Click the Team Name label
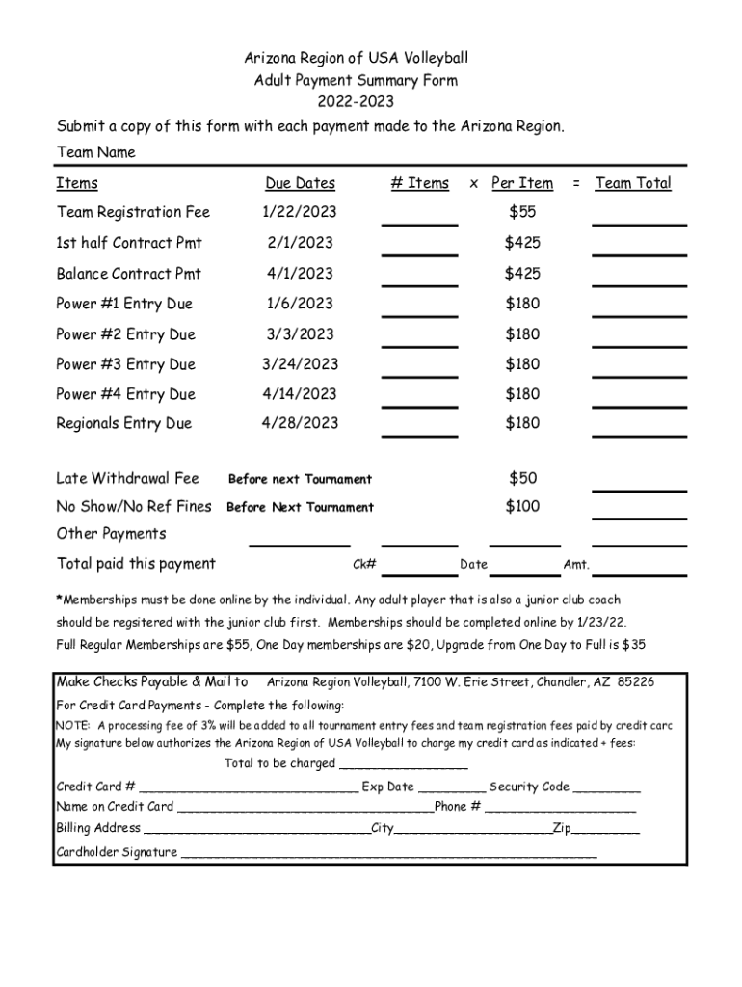pyautogui.click(x=96, y=152)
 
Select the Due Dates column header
pyautogui.click(x=300, y=183)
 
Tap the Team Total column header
pyautogui.click(x=633, y=183)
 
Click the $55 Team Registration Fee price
pyautogui.click(x=522, y=212)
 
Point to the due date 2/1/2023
pyautogui.click(x=300, y=243)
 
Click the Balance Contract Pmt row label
pyautogui.click(x=129, y=274)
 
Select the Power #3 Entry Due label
pyautogui.click(x=125, y=364)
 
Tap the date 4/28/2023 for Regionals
pyautogui.click(x=302, y=423)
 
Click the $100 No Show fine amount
pyautogui.click(x=522, y=506)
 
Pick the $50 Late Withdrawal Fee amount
pyautogui.click(x=522, y=478)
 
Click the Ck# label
pyautogui.click(x=364, y=565)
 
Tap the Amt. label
pyautogui.click(x=576, y=565)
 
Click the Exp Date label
pyautogui.click(x=387, y=787)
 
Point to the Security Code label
pyautogui.click(x=529, y=787)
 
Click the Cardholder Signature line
pyautogui.click(x=389, y=853)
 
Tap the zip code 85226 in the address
pyautogui.click(x=636, y=682)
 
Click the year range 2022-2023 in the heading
pyautogui.click(x=356, y=102)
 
